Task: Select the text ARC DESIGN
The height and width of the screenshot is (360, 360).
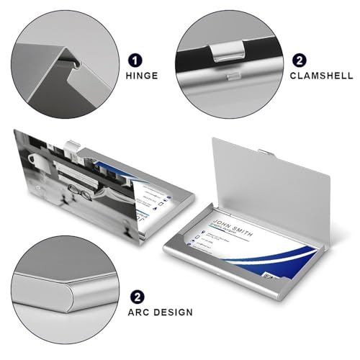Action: [161, 312]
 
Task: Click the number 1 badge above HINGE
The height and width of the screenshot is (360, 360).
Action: [135, 61]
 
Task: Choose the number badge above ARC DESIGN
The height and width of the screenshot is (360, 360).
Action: [135, 296]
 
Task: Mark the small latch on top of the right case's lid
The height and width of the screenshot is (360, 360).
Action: [266, 152]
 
